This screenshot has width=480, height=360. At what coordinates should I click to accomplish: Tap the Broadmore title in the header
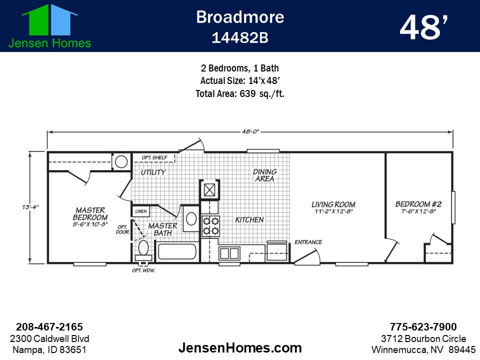click(x=240, y=17)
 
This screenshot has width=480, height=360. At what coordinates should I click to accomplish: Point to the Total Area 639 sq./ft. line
click(x=240, y=93)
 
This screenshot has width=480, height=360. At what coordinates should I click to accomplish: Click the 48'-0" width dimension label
click(x=248, y=131)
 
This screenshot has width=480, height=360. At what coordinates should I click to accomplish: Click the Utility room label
click(x=153, y=172)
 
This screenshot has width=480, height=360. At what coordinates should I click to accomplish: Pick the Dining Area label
click(x=264, y=175)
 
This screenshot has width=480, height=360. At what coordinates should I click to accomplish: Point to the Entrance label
click(x=308, y=242)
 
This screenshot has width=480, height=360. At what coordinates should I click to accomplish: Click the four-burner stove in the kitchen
click(x=210, y=226)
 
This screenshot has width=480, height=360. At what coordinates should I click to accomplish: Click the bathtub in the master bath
click(x=177, y=250)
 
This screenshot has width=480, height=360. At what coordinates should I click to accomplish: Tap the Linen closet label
click(x=141, y=211)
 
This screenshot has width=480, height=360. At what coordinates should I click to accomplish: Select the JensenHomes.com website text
click(x=240, y=347)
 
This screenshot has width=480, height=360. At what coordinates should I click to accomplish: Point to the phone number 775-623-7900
click(x=423, y=327)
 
